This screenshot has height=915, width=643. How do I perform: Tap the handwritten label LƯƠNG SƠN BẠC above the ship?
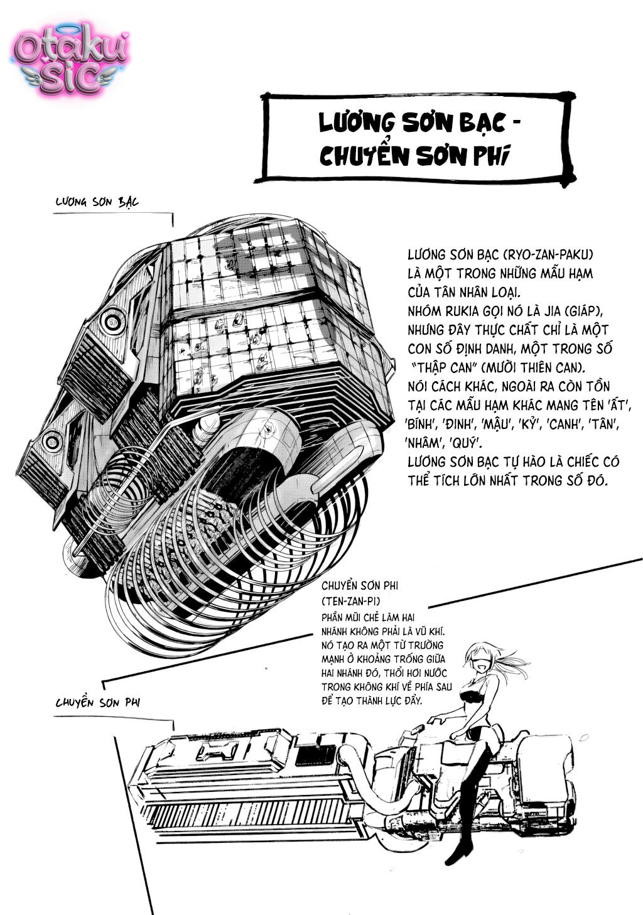(97, 202)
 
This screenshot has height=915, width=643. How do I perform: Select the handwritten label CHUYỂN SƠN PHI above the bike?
(97, 702)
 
